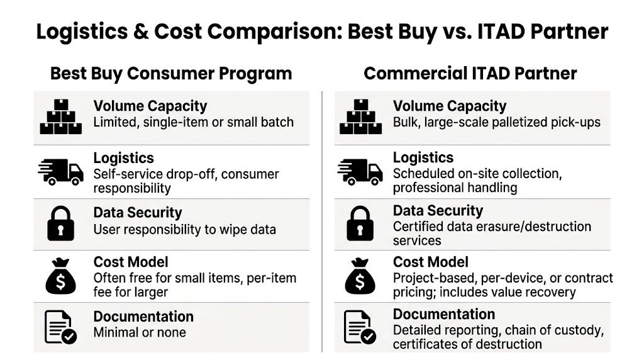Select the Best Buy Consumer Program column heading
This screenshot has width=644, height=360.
pyautogui.click(x=170, y=74)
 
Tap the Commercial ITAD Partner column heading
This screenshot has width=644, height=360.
pyautogui.click(x=470, y=74)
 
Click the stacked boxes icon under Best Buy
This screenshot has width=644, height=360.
pyautogui.click(x=61, y=116)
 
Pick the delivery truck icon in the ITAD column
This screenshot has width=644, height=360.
pyautogui.click(x=360, y=170)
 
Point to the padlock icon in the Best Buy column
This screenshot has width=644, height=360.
pyautogui.click(x=61, y=223)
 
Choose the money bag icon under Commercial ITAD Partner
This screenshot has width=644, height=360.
pyautogui.click(x=360, y=276)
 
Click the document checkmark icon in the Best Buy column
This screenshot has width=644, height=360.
pyautogui.click(x=61, y=327)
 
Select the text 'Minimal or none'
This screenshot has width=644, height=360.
pyautogui.click(x=140, y=332)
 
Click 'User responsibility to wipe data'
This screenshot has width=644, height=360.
pyautogui.click(x=184, y=229)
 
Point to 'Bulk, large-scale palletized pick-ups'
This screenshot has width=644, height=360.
pyautogui.click(x=497, y=121)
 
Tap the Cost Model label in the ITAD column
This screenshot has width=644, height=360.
pyautogui.click(x=430, y=262)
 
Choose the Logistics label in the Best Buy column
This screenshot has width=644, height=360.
pyautogui.click(x=123, y=158)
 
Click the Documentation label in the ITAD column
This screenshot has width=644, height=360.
pyautogui.click(x=444, y=314)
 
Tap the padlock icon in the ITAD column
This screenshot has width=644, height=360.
pyautogui.click(x=360, y=223)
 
